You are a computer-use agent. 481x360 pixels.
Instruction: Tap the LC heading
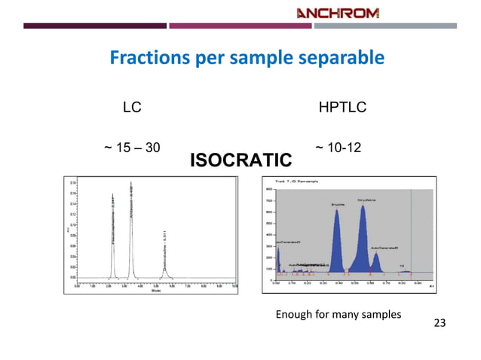tap(132, 108)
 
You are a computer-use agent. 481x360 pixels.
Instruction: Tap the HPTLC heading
tap(342, 108)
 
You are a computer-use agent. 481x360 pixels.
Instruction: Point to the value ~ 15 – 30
tap(131, 147)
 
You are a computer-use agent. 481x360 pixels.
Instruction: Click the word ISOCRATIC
tap(240, 160)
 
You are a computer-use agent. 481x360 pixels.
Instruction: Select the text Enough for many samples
tap(338, 313)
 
